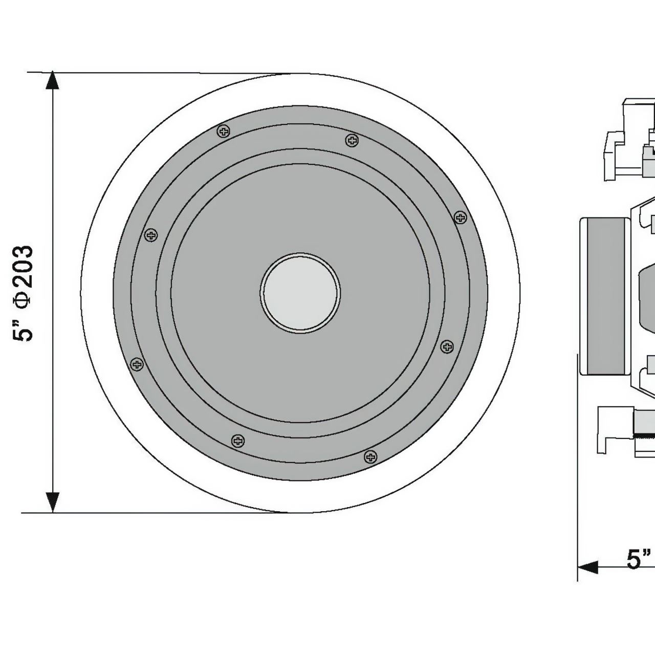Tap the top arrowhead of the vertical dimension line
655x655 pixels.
pyautogui.click(x=52, y=80)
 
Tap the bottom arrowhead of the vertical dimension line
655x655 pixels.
pyautogui.click(x=52, y=503)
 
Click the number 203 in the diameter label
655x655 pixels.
pyautogui.click(x=24, y=267)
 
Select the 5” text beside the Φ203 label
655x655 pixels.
pyautogui.click(x=23, y=330)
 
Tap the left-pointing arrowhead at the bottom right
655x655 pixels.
pyautogui.click(x=587, y=567)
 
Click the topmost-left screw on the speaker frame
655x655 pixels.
pyautogui.click(x=224, y=131)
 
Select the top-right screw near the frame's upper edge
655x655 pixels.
pyautogui.click(x=352, y=140)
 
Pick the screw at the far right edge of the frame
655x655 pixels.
pyautogui.click(x=460, y=217)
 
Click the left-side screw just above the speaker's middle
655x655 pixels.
pyautogui.click(x=151, y=235)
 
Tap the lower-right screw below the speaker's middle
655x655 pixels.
pyautogui.click(x=447, y=347)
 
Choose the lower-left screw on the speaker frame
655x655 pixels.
pyautogui.click(x=137, y=364)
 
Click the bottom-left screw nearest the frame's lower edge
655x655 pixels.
pyautogui.click(x=238, y=441)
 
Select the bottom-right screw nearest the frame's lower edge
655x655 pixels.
pyautogui.click(x=370, y=456)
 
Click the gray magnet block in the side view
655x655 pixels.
pyautogui.click(x=603, y=296)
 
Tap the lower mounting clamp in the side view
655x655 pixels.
pyautogui.click(x=625, y=434)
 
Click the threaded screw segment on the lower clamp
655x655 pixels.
pyautogui.click(x=644, y=436)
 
